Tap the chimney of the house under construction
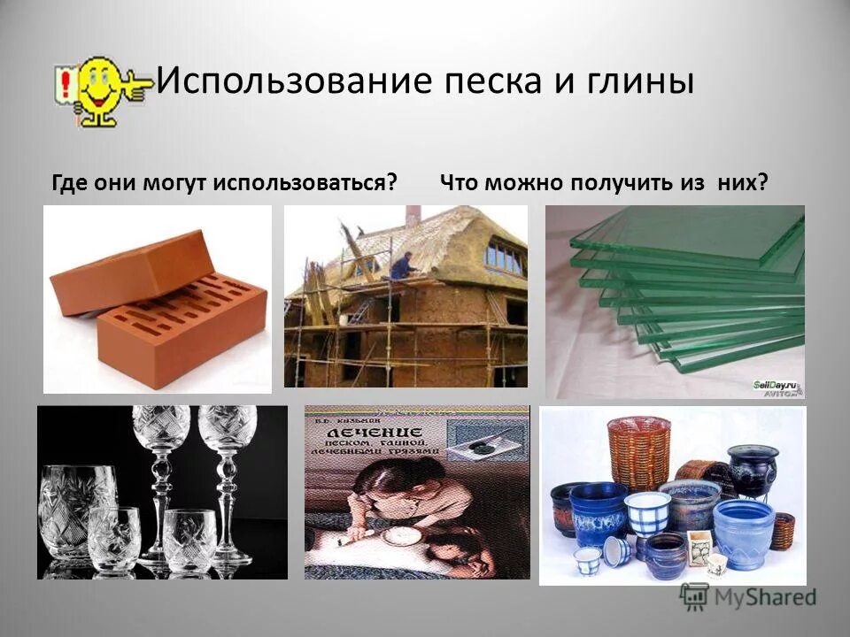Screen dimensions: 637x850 (413, 215)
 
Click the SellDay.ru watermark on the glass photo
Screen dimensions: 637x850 (776, 386)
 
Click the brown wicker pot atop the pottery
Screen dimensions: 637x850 (637, 451)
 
